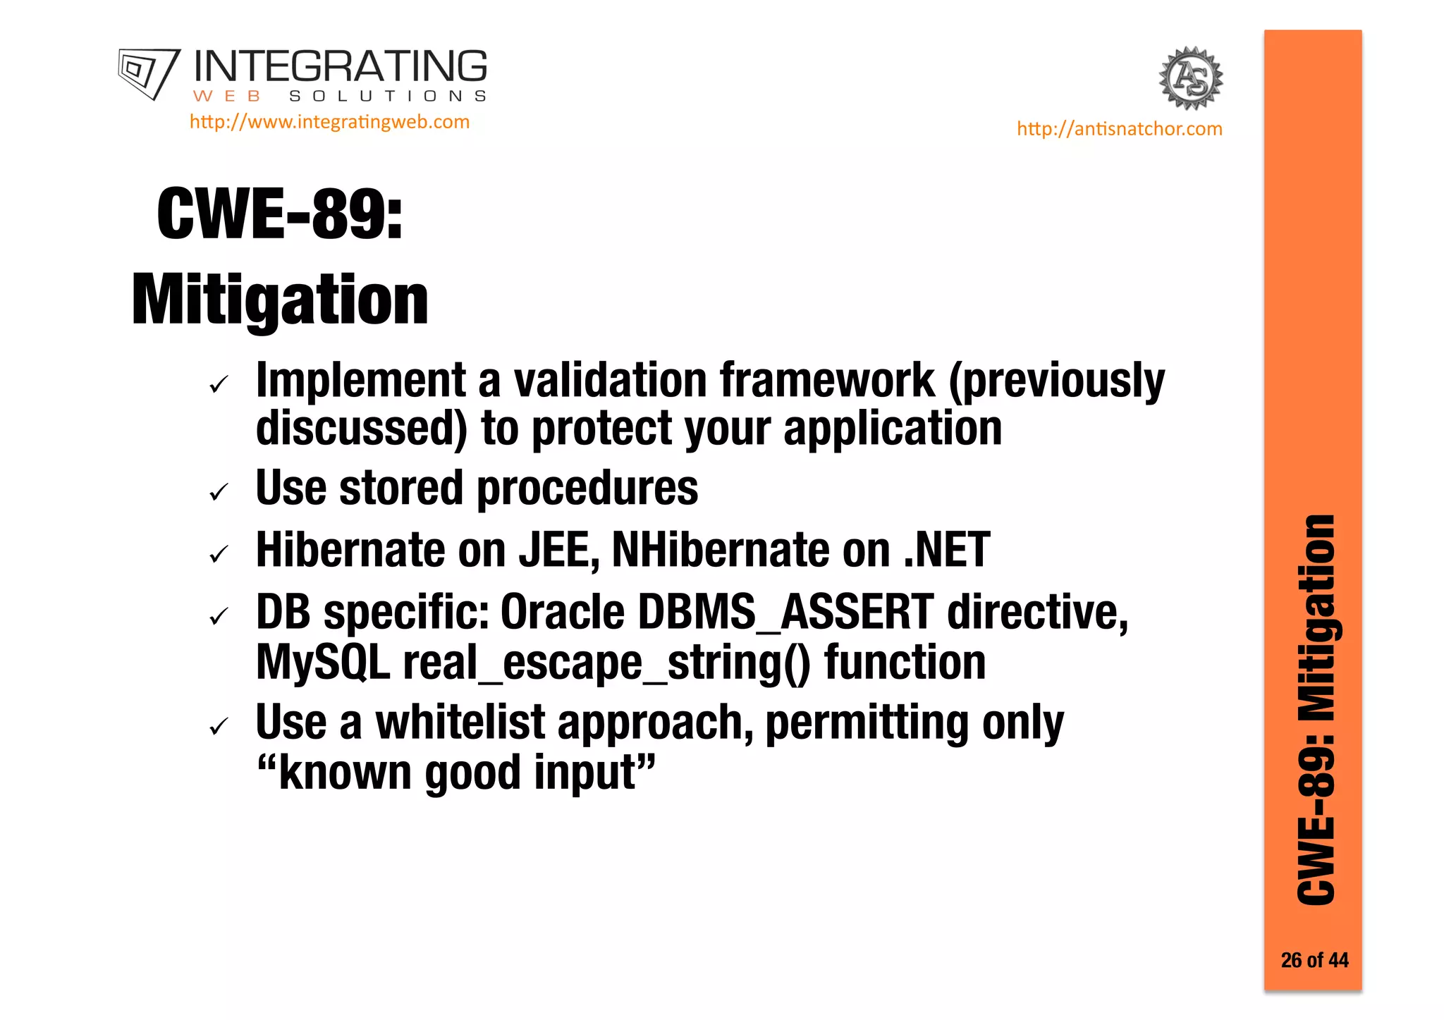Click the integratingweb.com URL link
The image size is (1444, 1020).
click(x=329, y=122)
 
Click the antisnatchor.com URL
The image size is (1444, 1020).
click(x=1119, y=129)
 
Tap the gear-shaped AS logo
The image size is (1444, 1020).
click(x=1191, y=78)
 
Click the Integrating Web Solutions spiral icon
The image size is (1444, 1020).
click(x=148, y=73)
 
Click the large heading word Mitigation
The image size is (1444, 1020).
click(x=280, y=301)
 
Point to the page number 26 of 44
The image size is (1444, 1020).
click(x=1314, y=960)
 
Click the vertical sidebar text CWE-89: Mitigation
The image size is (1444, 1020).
click(x=1316, y=709)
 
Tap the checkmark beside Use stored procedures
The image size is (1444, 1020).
click(x=219, y=492)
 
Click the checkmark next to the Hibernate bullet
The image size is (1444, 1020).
click(x=219, y=554)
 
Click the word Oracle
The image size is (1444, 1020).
click(x=562, y=612)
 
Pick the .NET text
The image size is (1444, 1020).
click(x=947, y=550)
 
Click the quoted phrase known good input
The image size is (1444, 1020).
click(x=456, y=773)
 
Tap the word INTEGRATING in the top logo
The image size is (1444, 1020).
click(x=340, y=67)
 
